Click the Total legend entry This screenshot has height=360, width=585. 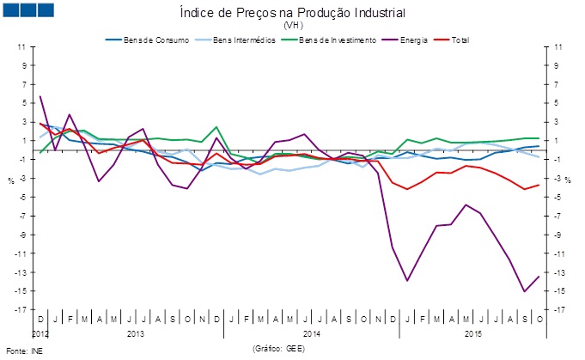point(457,40)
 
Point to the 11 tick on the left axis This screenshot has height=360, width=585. point(21,47)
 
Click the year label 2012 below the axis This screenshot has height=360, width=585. point(40,332)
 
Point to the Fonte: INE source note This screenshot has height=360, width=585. point(23,351)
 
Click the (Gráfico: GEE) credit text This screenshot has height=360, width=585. point(278,350)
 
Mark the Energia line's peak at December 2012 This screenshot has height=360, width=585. point(40,96)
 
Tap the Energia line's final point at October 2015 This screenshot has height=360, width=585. point(539,276)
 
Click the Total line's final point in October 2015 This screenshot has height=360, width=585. point(539,185)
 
